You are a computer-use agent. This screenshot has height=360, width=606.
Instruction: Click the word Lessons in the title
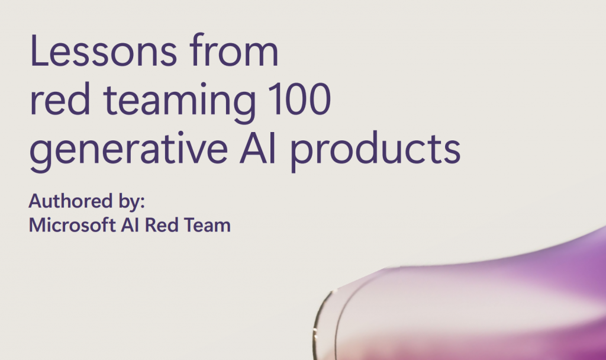[103, 51]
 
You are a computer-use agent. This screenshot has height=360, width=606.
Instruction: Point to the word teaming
[179, 102]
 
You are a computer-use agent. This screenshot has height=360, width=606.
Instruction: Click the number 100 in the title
[299, 99]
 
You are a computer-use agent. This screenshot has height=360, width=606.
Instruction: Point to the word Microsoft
[72, 224]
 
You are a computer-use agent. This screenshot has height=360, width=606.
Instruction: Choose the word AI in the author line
[130, 225]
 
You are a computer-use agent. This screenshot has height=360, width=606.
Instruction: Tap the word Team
[207, 225]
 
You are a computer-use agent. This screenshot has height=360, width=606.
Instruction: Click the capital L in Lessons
[39, 51]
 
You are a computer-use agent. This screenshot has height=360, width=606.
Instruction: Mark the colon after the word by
[143, 202]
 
